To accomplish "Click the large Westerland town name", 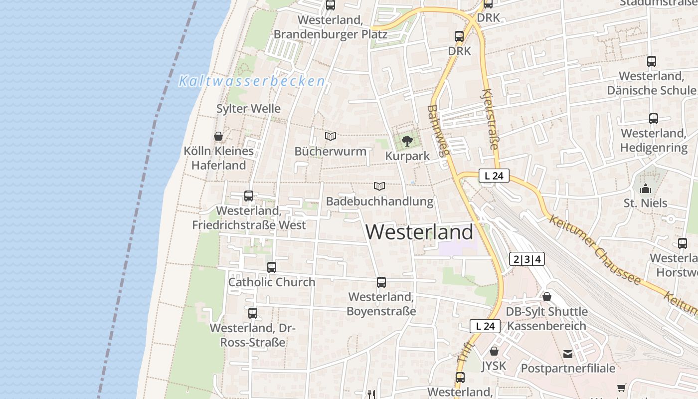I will click(419, 232).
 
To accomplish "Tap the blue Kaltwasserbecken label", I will click(252, 81).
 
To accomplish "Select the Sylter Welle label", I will click(248, 109).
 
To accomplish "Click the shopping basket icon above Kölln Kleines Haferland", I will click(218, 136).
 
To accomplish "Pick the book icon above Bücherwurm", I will click(331, 136).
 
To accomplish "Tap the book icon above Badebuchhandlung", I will click(379, 187).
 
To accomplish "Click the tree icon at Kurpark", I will click(407, 141).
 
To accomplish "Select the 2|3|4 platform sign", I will click(527, 259).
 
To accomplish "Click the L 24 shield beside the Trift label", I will click(485, 326).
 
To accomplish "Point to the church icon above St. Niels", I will click(646, 189).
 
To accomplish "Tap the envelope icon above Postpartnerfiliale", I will click(568, 354).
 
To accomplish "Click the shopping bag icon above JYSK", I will click(494, 351).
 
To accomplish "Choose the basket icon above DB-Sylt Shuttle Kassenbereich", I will click(547, 297).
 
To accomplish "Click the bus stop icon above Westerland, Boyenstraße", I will click(381, 282).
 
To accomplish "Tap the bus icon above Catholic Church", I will click(272, 267).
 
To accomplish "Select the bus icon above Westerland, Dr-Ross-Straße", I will click(253, 313).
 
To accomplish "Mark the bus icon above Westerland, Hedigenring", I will click(654, 119).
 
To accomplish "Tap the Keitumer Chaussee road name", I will click(594, 251).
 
